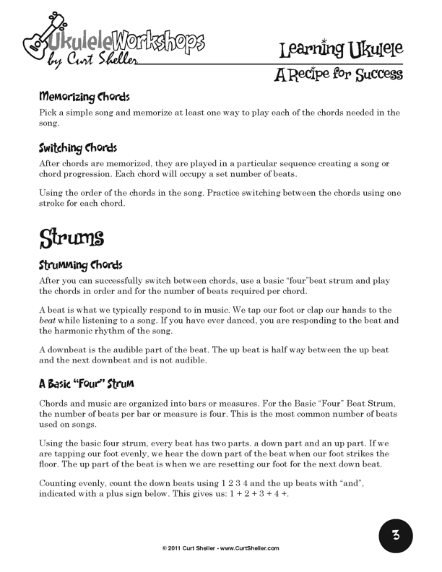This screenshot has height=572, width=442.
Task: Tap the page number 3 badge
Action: (396, 536)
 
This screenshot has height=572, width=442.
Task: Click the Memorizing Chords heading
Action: (84, 96)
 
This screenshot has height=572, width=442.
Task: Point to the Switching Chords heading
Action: (78, 147)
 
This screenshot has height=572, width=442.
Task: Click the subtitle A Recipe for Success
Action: (338, 74)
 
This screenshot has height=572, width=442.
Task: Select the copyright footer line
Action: (220, 548)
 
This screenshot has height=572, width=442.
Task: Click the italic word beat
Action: (48, 319)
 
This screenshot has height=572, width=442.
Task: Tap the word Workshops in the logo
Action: (163, 38)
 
